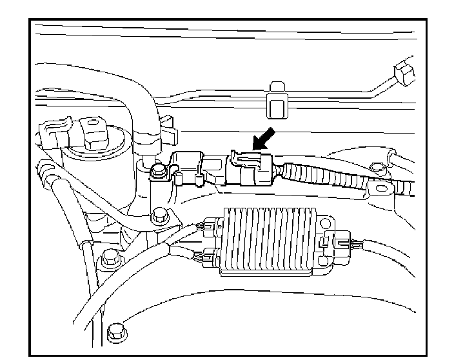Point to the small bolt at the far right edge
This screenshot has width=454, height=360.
click(x=382, y=168)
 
